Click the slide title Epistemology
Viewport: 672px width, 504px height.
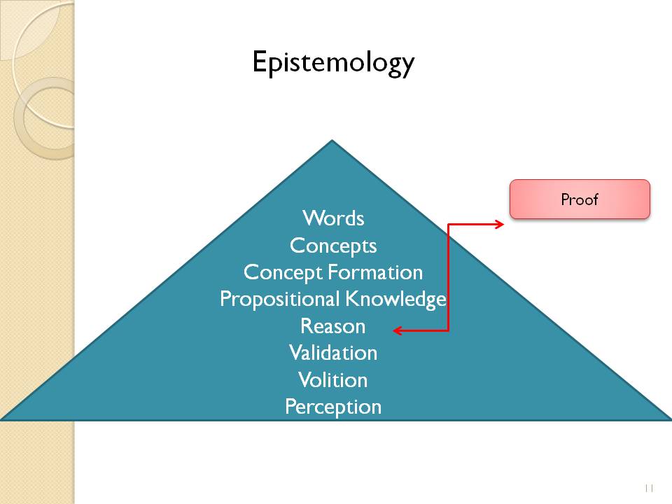click(333, 63)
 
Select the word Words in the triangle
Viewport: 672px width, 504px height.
click(333, 218)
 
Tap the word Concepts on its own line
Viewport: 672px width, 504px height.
click(333, 246)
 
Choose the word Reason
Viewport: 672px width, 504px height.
click(333, 326)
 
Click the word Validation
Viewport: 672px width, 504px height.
click(333, 353)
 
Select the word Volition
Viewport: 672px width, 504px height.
click(333, 380)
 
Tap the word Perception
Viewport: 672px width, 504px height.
click(333, 407)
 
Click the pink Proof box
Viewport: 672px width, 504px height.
click(580, 199)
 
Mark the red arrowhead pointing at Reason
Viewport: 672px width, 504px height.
click(397, 330)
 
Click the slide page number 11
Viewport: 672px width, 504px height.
click(648, 488)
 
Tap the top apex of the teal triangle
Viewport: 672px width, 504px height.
click(332, 142)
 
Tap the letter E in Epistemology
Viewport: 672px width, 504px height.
click(258, 62)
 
